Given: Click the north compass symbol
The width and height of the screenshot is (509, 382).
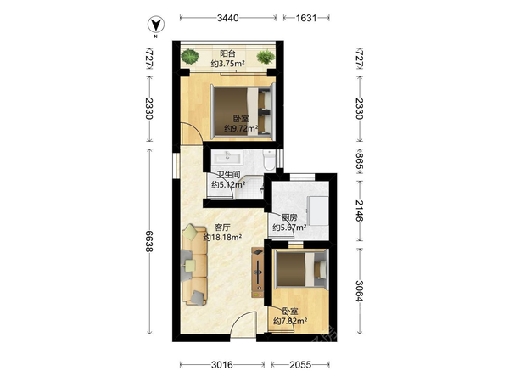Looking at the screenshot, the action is (x=156, y=25).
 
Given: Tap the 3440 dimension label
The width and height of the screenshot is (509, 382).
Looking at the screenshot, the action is (x=228, y=18).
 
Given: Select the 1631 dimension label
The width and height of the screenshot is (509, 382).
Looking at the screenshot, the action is (x=306, y=18).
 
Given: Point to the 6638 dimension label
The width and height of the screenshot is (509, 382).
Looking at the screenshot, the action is (x=149, y=241).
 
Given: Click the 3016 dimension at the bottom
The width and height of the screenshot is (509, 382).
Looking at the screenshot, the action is (x=222, y=365).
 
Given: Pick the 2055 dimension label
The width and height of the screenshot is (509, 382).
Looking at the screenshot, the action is (x=300, y=365).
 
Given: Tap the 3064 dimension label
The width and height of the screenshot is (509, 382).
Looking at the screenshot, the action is (x=359, y=290).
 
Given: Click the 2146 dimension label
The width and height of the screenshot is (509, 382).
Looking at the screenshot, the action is (x=359, y=211).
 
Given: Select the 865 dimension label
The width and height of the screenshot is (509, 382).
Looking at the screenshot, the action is (x=359, y=161).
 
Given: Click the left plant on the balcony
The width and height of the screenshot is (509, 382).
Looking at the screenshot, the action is (x=190, y=56).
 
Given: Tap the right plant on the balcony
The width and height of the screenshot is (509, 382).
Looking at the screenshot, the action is (x=266, y=57).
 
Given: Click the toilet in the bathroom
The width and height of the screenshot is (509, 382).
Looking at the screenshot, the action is (x=269, y=160).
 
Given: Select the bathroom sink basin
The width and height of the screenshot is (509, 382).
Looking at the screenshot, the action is (x=227, y=157).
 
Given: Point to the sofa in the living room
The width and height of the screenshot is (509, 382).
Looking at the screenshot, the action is (x=194, y=266).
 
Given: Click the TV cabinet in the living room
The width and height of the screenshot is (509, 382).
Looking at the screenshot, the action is (x=257, y=272).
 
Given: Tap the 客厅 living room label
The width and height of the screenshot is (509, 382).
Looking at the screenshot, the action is (x=222, y=228).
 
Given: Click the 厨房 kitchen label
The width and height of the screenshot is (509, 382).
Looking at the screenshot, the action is (x=289, y=217).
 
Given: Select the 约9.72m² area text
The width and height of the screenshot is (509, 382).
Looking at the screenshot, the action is (x=241, y=129).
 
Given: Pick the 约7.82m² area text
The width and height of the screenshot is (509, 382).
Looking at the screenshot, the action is (x=290, y=321).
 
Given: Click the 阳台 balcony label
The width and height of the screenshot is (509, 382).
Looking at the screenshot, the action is (x=227, y=53).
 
